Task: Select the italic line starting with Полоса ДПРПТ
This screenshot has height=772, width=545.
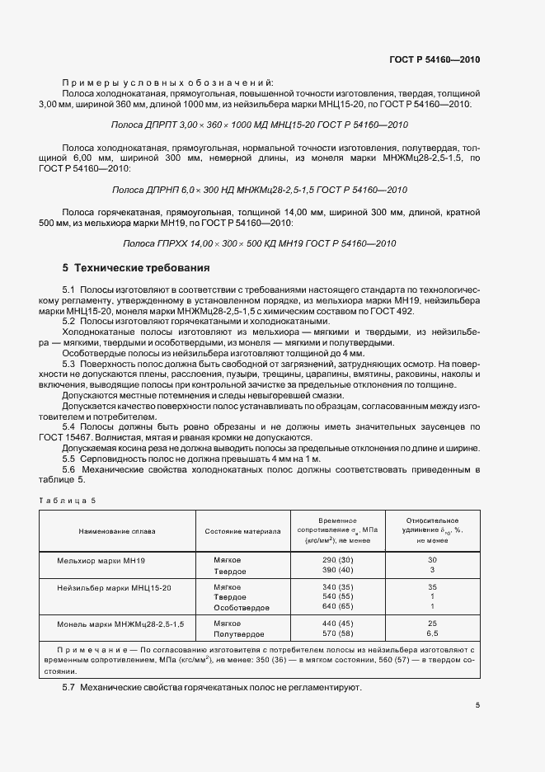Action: (x=259, y=125)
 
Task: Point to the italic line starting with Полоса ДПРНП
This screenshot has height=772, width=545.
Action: (x=259, y=190)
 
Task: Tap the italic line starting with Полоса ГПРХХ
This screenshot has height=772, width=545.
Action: (x=259, y=243)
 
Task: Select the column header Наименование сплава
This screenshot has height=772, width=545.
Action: (x=117, y=531)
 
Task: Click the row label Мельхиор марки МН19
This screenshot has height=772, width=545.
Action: (x=101, y=560)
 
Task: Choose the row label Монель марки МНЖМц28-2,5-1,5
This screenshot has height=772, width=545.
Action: (x=120, y=624)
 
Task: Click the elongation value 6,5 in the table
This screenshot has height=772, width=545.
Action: (x=432, y=633)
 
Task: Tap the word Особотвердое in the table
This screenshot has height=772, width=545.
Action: (x=242, y=606)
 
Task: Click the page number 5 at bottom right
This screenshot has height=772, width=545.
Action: (x=477, y=704)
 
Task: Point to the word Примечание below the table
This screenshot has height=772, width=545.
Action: (x=82, y=651)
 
